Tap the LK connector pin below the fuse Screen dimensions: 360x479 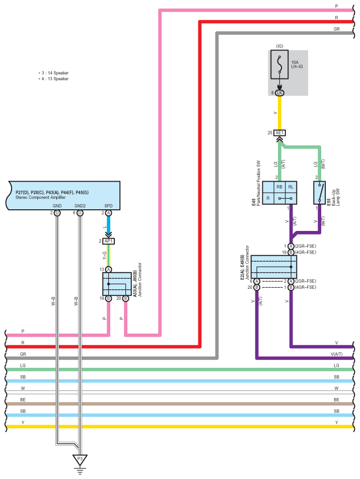pos(279,93)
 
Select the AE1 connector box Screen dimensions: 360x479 pos(279,133)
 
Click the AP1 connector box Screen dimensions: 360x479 pos(108,242)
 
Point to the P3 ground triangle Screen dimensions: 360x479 pos(80,460)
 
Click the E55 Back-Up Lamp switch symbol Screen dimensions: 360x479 pos(319,193)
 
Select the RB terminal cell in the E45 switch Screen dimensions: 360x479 pos(279,187)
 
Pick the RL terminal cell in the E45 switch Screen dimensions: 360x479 pos(291,187)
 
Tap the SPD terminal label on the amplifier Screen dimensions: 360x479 pos(108,206)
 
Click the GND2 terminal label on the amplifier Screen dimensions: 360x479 pos(80,206)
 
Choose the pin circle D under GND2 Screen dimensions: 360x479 pos(80,213)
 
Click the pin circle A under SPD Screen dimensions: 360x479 pos(108,213)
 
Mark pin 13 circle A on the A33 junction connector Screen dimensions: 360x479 pos(108,270)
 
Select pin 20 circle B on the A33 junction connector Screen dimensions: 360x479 pos(125,298)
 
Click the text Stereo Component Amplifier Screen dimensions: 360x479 pos(41,197)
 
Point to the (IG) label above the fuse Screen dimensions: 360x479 pos(279,46)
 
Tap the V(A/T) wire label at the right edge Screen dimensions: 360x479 pos(336,354)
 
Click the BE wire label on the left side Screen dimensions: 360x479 pos(23,400)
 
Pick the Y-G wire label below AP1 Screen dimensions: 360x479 pos(105,256)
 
